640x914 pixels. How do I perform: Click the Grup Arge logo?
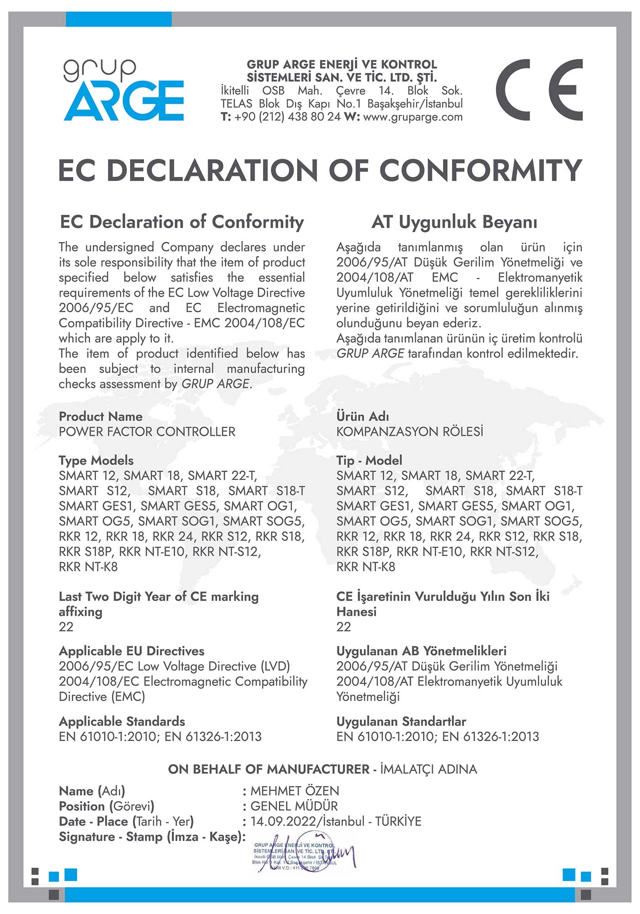point(123,90)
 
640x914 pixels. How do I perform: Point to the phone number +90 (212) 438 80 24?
point(288,117)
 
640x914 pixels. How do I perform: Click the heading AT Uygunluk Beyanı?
point(454,222)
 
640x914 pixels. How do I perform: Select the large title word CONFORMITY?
point(480,170)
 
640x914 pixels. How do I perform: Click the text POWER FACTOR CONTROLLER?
point(147,432)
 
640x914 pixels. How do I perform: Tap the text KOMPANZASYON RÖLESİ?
point(410,432)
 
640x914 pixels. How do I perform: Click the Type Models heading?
point(96,461)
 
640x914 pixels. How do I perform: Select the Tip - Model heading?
point(369,461)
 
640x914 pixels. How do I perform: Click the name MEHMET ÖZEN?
point(295,791)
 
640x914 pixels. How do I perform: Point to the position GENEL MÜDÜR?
point(294,806)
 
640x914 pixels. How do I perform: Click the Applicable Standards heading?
point(122,722)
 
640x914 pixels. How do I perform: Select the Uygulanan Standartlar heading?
point(401,722)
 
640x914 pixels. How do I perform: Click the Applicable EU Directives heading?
point(132,651)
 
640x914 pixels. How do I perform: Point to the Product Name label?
point(101,417)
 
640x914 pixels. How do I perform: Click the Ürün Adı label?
point(363,417)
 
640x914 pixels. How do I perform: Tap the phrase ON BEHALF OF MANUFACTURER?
point(268,770)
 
